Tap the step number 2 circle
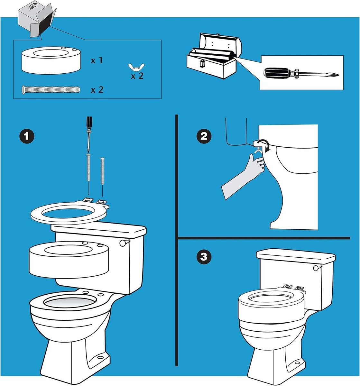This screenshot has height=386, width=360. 204,136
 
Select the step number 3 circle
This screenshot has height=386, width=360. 204,257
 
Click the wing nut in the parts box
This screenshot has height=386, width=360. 136,67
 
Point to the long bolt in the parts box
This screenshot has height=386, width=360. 51,90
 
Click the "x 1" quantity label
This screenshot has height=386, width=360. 97,60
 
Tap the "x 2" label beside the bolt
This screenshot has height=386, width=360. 97,90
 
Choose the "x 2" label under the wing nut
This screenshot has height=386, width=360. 137,76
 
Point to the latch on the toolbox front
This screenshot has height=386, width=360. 203,63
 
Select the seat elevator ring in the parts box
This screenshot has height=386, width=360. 51,60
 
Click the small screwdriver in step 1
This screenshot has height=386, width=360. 89,134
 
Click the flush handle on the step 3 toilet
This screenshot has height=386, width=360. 317,268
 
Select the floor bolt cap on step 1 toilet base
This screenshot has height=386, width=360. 101,357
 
